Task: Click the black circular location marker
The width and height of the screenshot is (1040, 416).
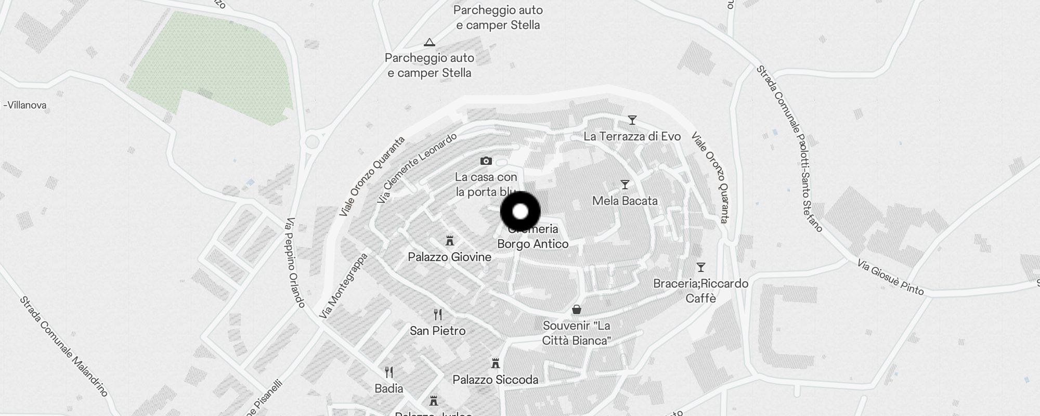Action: pos(520,212)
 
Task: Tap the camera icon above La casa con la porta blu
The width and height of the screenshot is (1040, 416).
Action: pos(486,161)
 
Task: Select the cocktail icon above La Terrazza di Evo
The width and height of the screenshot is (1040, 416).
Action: pos(632,120)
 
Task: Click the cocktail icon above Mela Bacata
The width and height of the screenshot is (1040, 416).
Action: pos(625,185)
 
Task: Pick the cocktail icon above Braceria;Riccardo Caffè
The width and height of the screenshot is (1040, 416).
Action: pos(700,267)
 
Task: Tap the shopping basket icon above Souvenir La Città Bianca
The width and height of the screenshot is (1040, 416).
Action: pos(576,310)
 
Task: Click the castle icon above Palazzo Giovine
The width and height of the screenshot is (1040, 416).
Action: pos(449,241)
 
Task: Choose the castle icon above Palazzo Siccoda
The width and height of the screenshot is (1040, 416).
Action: pos(495,363)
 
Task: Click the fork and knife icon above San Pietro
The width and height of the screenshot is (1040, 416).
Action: pos(438,315)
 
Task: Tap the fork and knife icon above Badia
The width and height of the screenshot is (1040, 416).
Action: pos(388,372)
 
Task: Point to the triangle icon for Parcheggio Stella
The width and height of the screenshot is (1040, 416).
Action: pos(429,42)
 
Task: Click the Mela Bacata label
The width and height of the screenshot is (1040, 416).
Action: pos(625,201)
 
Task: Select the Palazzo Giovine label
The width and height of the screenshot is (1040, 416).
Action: pos(449,257)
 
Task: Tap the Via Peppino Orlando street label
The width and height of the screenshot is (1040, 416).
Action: pos(294,263)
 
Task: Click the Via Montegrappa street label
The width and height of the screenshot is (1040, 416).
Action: pos(343,286)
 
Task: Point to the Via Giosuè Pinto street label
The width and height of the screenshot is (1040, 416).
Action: pos(890,279)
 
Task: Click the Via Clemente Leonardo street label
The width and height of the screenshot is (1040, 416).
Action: pos(417,168)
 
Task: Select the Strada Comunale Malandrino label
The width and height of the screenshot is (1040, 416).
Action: pos(63,346)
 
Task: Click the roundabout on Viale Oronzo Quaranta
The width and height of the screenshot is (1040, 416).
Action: pos(312,141)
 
